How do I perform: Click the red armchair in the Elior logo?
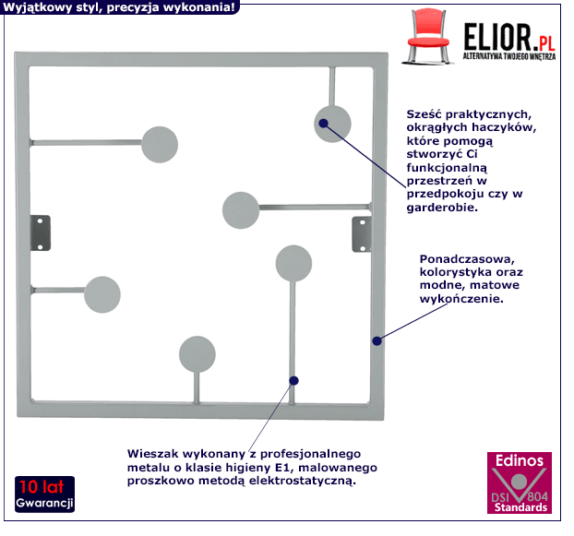coord(431,37)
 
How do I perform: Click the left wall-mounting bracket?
coord(41,232)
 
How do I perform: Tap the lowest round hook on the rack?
coord(197,354)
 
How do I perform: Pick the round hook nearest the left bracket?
coord(102,293)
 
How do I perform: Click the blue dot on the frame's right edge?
coord(377,340)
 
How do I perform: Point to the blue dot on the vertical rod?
coord(293,379)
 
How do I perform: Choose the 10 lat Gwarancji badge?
coord(43,495)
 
